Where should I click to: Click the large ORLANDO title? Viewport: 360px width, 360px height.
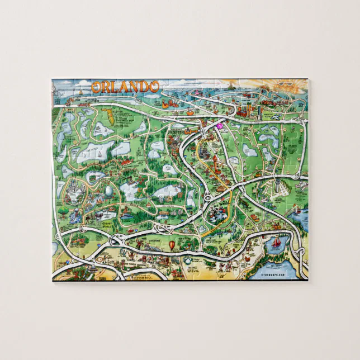coord(125,87)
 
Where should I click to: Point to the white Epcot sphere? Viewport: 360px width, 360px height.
coord(108,192)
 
